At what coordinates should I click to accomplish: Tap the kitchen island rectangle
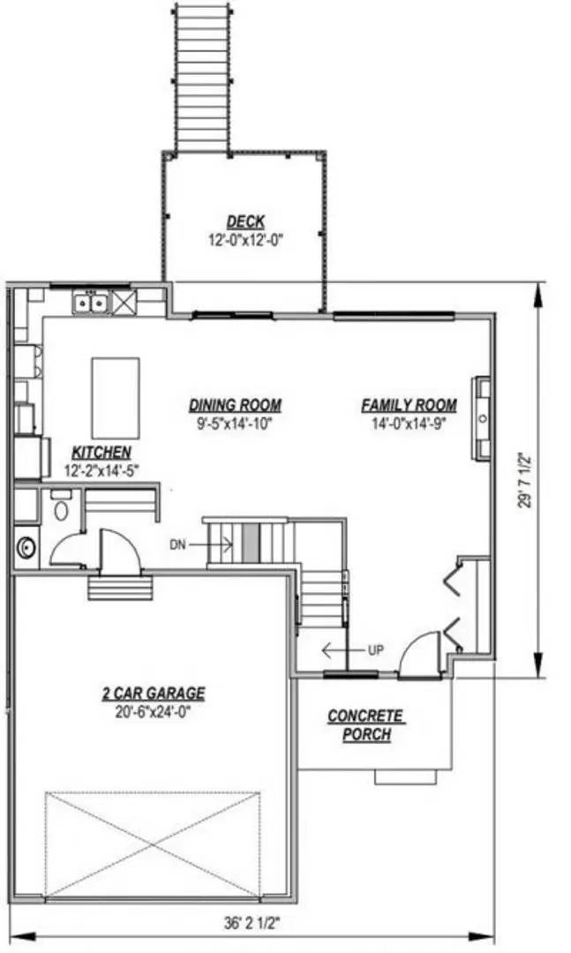click(x=116, y=386)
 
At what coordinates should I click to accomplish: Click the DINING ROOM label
click(x=236, y=405)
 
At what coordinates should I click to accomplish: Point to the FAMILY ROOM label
click(x=409, y=405)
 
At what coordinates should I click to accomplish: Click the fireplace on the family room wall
click(x=482, y=418)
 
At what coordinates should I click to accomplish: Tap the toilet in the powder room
click(x=61, y=510)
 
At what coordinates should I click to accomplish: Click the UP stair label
click(x=374, y=650)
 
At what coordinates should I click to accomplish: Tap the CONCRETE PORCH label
click(x=365, y=724)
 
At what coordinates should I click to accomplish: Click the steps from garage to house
click(x=120, y=587)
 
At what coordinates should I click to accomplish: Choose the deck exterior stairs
click(x=202, y=77)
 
